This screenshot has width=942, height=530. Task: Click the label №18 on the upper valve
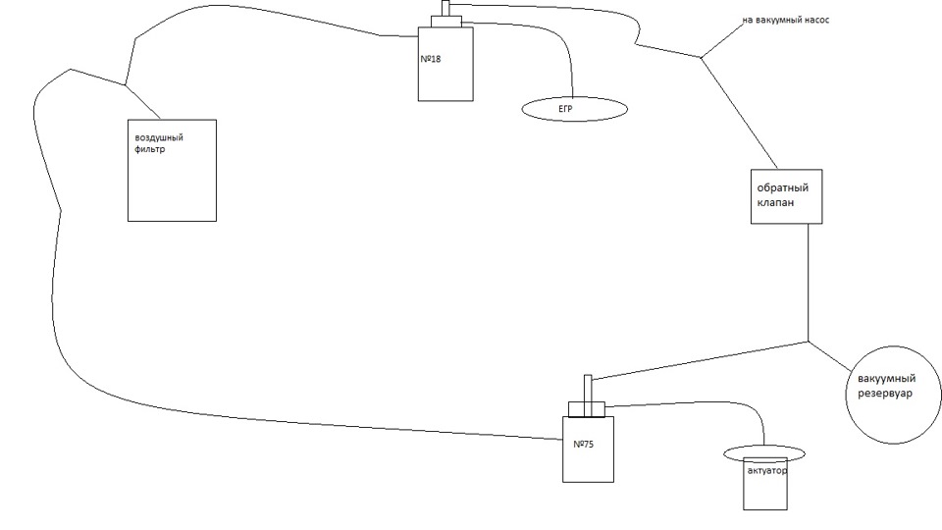(x=432, y=59)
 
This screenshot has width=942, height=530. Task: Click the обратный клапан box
(x=780, y=195)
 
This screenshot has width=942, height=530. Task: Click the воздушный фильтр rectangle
(x=173, y=186)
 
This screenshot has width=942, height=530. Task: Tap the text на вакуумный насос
(x=785, y=19)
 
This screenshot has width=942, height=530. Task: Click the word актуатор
(x=765, y=470)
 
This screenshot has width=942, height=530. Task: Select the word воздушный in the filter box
(x=160, y=137)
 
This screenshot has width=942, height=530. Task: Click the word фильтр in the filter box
(x=152, y=151)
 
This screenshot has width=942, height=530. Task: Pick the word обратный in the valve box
(x=780, y=186)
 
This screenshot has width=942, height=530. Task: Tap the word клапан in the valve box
(x=775, y=203)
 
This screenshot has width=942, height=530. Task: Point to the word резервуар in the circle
(x=879, y=394)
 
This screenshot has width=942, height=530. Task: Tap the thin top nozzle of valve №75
(x=588, y=386)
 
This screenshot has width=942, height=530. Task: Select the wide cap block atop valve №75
(x=587, y=406)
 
